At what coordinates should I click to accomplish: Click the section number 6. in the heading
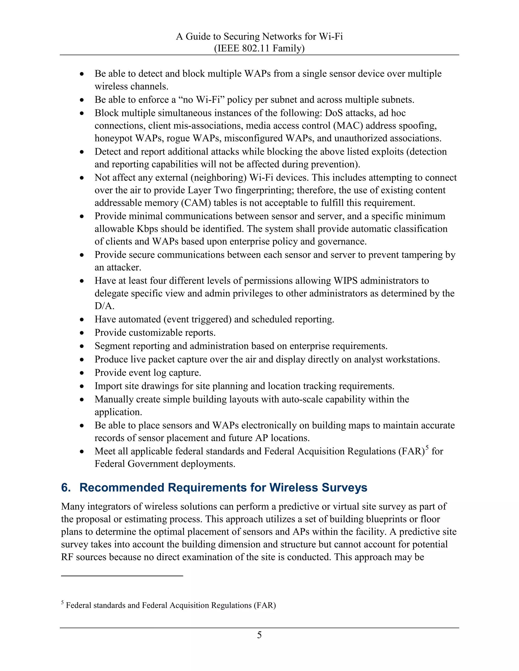pos(66,488)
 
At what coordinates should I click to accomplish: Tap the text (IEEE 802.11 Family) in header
pos(259,48)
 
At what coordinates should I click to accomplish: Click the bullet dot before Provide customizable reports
pos(82,333)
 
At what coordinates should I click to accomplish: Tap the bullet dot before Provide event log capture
pos(82,373)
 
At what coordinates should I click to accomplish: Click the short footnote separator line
pos(122,576)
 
